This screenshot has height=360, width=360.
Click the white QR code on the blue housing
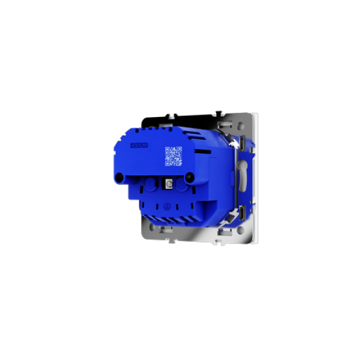(173, 156)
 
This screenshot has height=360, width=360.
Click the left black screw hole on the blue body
(120, 178)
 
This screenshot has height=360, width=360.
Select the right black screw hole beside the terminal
(190, 178)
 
